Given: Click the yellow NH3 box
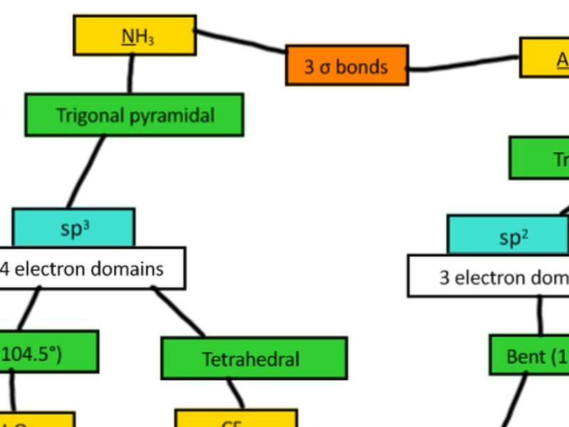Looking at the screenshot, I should tap(134, 36).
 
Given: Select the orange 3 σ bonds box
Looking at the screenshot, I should tap(346, 65).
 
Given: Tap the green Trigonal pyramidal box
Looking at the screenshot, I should tap(134, 115).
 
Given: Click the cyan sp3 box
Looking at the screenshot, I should tap(73, 228).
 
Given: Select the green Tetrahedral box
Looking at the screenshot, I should tap(254, 358).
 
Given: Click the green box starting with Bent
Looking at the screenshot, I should tap(530, 355).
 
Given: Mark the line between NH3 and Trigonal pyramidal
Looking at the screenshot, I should tap(131, 74).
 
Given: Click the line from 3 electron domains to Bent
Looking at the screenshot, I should tap(540, 315).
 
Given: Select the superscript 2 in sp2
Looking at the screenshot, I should tap(525, 233).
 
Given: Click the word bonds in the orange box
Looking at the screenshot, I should tap(361, 66).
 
